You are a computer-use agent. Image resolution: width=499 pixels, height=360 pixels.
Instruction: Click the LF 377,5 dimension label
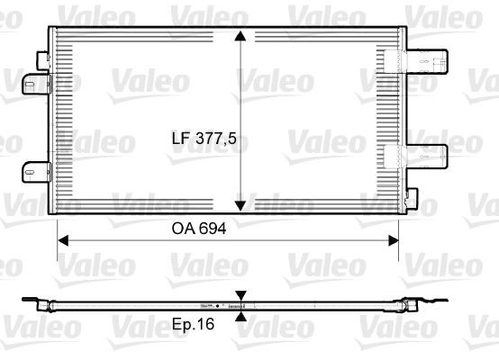pos(204,139)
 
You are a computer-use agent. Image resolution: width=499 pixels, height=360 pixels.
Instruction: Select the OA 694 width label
pos(199,229)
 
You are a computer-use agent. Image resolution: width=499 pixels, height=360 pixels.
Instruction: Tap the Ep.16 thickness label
pos(193,324)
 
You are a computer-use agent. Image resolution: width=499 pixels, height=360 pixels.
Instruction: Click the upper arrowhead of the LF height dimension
pos(240,36)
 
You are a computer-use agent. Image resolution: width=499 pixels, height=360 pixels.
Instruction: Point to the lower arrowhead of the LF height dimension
pos(240,206)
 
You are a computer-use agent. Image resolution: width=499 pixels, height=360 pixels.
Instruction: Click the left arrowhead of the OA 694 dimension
pos(63,240)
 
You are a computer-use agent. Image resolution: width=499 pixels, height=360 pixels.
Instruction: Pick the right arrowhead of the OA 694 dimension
pos(394,240)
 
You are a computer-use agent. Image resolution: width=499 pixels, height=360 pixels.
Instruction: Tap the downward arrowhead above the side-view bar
pos(241,296)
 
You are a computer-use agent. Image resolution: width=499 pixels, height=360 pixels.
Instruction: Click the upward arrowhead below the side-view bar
pos(241,317)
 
